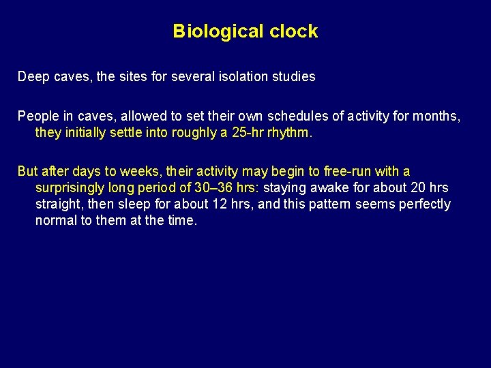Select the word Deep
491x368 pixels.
point(33,77)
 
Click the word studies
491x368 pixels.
point(293,77)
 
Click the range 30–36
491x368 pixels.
point(213,188)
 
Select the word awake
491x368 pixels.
point(330,188)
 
